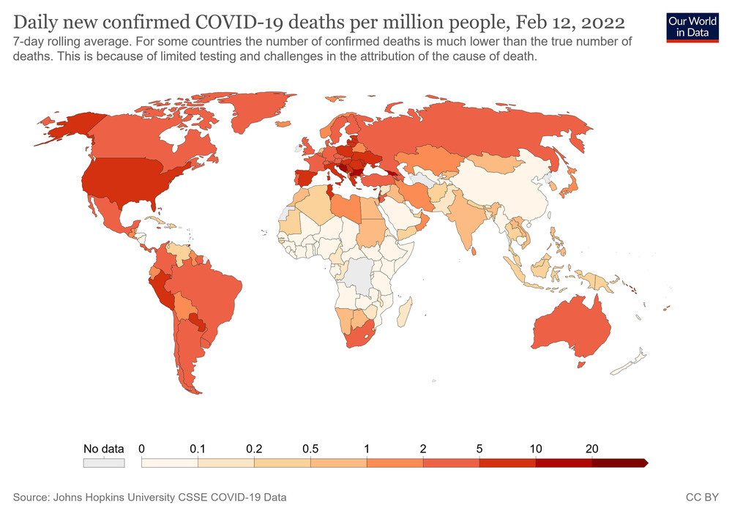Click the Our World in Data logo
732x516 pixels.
coord(692,26)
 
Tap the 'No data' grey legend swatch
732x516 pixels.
coord(104,463)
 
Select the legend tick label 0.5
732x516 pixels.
coord(310,449)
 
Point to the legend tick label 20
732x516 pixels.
coord(591,449)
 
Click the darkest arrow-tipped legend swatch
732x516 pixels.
coord(619,463)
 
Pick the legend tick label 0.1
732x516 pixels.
coord(197,449)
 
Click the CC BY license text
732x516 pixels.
coord(702,498)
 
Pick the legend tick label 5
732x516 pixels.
coord(479,449)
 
